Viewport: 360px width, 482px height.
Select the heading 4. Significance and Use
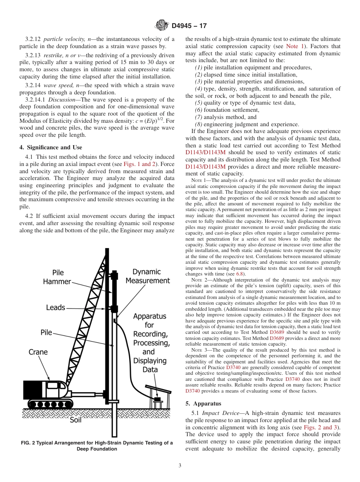point(51,147)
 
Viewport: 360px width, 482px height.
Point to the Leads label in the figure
point(56,307)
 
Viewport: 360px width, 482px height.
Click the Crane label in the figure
point(38,352)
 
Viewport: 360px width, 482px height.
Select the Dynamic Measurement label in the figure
point(147,276)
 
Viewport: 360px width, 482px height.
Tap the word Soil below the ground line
point(76,420)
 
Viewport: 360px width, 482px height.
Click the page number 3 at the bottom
point(180,466)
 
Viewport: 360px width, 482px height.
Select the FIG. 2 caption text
point(97,446)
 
